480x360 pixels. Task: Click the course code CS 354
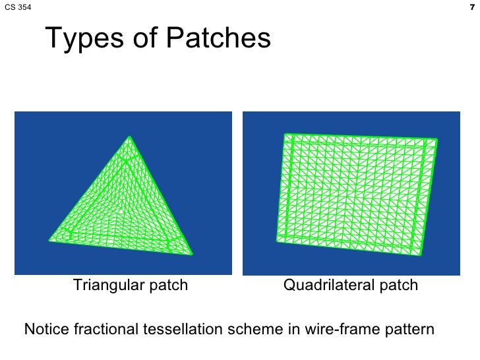[16, 8]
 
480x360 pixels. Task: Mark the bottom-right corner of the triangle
[193, 254]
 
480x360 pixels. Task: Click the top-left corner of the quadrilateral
[284, 134]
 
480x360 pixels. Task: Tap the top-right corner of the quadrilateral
[436, 139]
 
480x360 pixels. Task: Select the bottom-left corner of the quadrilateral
[276, 242]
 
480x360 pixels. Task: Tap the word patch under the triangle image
[169, 285]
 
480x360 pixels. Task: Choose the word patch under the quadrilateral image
[398, 285]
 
